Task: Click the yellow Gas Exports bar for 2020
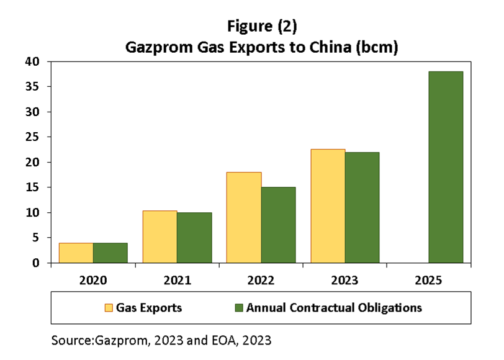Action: click(x=76, y=253)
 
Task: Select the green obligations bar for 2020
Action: click(x=110, y=253)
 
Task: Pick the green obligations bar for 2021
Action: click(x=194, y=238)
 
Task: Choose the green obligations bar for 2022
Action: click(x=278, y=225)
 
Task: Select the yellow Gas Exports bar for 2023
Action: click(x=328, y=206)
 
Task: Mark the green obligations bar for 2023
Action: click(x=362, y=207)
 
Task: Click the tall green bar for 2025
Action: click(x=446, y=167)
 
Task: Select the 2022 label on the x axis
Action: click(x=261, y=281)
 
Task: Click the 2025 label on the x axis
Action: click(x=428, y=281)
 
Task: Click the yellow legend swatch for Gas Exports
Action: click(x=109, y=307)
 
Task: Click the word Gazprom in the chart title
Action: click(x=160, y=48)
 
